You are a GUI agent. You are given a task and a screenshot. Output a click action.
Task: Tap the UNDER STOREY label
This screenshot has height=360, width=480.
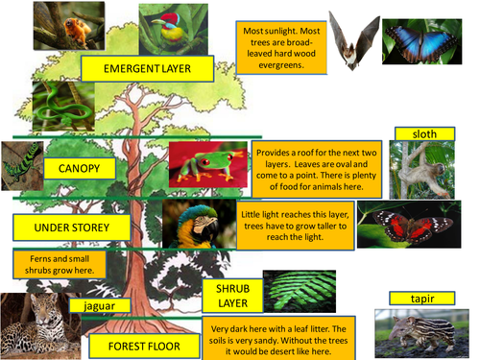pyautogui.click(x=73, y=228)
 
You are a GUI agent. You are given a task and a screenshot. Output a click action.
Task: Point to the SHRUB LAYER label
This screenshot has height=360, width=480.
pyautogui.click(x=230, y=297)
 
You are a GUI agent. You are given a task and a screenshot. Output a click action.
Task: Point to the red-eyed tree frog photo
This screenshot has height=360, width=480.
pyautogui.click(x=207, y=164)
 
